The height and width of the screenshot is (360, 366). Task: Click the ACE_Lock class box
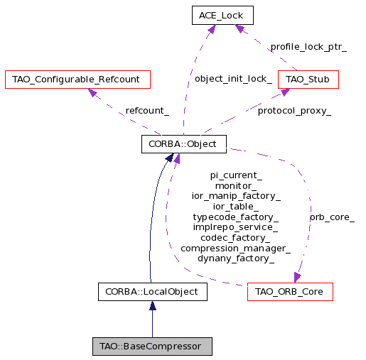pos(222,16)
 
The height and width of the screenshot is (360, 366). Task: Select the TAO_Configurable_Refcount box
pos(77,80)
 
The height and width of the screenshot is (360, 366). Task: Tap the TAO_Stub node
pos(308,80)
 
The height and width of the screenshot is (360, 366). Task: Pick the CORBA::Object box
pos(184,144)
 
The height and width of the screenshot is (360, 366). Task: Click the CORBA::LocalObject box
pos(153,292)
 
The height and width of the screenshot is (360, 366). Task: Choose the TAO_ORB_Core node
pos(290,292)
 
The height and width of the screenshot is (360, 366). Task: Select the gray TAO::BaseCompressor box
pos(152,347)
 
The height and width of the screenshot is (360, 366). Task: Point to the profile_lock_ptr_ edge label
pos(308,47)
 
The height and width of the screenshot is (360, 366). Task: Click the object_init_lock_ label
pos(233,79)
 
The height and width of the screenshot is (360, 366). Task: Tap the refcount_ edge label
pos(147,111)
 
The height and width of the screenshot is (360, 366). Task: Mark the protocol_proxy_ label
pos(294,111)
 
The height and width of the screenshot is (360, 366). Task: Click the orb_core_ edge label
pos(332,217)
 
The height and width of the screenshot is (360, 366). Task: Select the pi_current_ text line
pos(236,175)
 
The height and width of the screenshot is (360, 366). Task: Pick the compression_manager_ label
pos(236,249)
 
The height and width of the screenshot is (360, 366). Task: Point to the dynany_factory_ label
pos(236,258)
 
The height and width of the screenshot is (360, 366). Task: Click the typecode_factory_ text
pos(236,217)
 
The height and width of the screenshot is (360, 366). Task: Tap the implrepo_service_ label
pos(235,227)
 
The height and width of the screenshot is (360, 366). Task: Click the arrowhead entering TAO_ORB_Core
pos(297,277)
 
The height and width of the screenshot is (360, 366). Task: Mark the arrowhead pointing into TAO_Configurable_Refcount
pos(92,92)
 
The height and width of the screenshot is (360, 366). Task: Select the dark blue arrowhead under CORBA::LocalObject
pos(153,305)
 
